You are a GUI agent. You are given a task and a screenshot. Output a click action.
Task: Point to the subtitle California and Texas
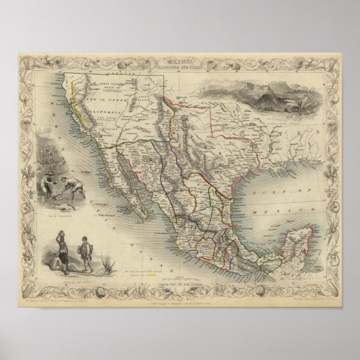coord(181,63)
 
